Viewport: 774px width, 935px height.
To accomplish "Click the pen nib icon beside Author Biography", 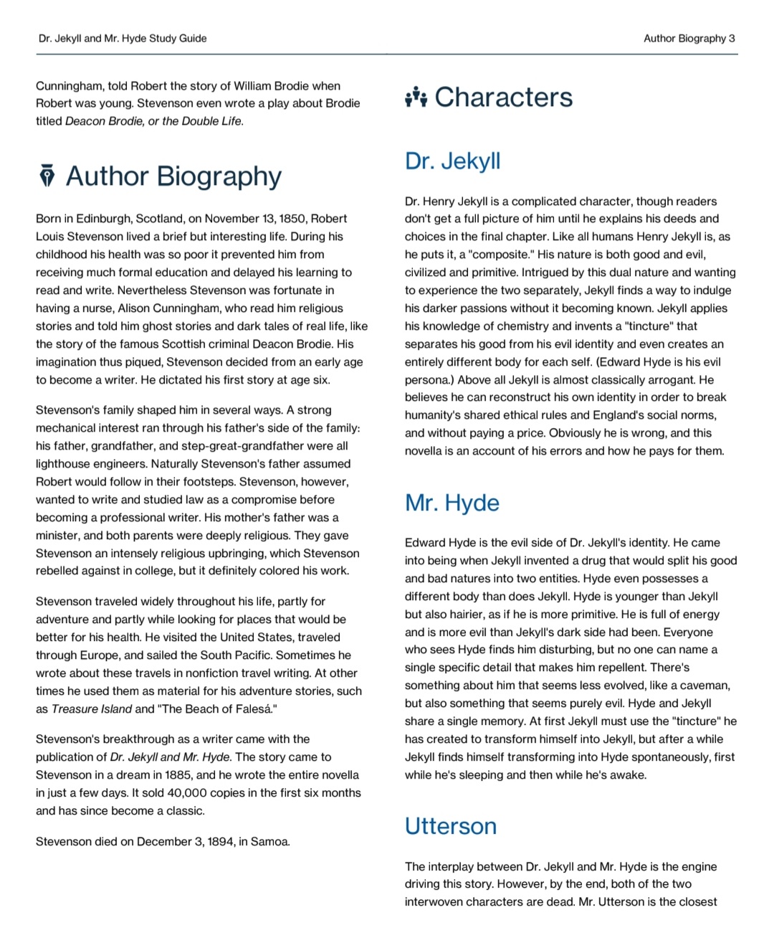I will tap(47, 176).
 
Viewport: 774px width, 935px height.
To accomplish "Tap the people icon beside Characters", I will tap(416, 97).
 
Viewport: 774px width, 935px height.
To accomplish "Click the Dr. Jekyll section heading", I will tap(452, 161).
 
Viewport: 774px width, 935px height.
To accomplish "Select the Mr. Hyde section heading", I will tap(451, 503).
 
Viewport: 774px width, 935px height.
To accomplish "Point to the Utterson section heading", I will tap(450, 826).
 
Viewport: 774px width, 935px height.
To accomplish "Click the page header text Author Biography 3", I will tap(689, 39).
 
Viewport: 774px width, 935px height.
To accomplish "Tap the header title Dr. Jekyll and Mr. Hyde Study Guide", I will tap(123, 39).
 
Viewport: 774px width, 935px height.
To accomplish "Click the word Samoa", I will tap(270, 842).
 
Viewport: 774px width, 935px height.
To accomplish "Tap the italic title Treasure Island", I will tap(92, 709).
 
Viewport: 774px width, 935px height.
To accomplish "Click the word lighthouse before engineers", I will tap(64, 464).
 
